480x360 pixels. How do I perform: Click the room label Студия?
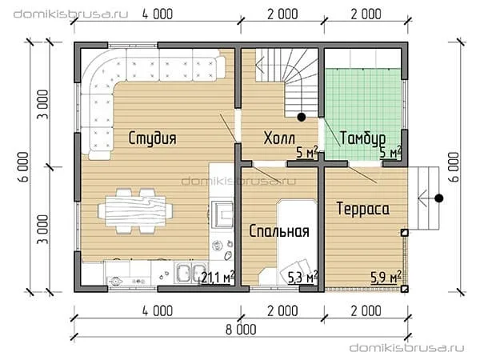152,138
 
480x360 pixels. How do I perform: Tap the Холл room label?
279,138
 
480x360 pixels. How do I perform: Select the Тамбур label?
362,138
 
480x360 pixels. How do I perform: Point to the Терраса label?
362,209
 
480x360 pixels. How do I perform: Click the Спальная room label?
279,231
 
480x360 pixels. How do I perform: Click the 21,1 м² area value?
217,277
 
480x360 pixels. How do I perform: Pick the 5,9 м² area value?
386,277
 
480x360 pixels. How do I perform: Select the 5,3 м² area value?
302,277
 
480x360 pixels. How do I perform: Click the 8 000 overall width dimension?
241,330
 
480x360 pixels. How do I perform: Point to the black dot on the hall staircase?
302,117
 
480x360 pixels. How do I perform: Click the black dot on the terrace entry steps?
439,198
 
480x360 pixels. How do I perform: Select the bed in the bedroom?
298,242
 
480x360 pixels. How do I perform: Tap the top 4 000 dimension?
158,14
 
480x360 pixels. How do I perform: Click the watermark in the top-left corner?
70,14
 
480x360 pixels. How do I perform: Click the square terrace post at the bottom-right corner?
404,289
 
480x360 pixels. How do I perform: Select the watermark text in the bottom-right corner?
407,348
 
